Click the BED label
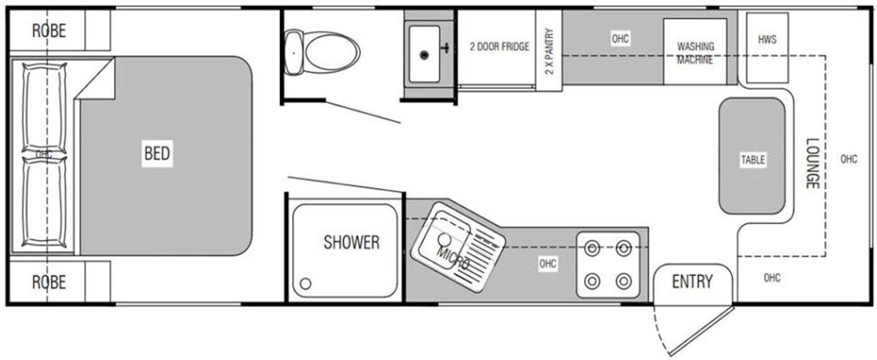157,153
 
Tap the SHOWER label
352,243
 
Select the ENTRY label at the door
692,282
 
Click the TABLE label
753,160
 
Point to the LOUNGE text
812,163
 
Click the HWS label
767,40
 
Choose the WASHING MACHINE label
695,53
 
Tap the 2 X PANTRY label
549,51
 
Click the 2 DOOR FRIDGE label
499,46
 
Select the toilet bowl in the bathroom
332,52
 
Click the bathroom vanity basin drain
424,55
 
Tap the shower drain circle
305,283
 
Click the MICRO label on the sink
453,258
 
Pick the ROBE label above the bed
49,31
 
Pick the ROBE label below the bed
49,282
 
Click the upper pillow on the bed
44,108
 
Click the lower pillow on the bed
44,201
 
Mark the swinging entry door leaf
702,331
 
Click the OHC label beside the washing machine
620,39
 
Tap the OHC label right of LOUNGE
849,159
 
